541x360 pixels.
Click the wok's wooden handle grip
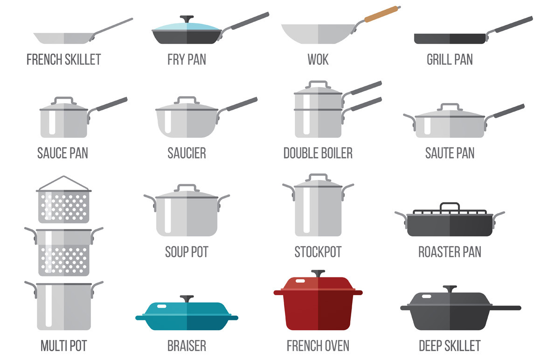click(381, 14)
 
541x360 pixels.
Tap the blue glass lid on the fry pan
click(187, 27)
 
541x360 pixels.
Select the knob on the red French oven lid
click(318, 273)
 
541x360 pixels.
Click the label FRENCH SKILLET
click(64, 60)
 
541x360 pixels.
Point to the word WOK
click(318, 60)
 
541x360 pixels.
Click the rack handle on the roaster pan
click(450, 207)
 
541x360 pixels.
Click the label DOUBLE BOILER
click(318, 153)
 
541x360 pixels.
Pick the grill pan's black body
click(450, 39)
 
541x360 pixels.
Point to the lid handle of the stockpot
click(318, 178)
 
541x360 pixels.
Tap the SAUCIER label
click(187, 153)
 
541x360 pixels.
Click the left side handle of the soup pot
click(151, 202)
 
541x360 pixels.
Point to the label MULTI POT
click(64, 346)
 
